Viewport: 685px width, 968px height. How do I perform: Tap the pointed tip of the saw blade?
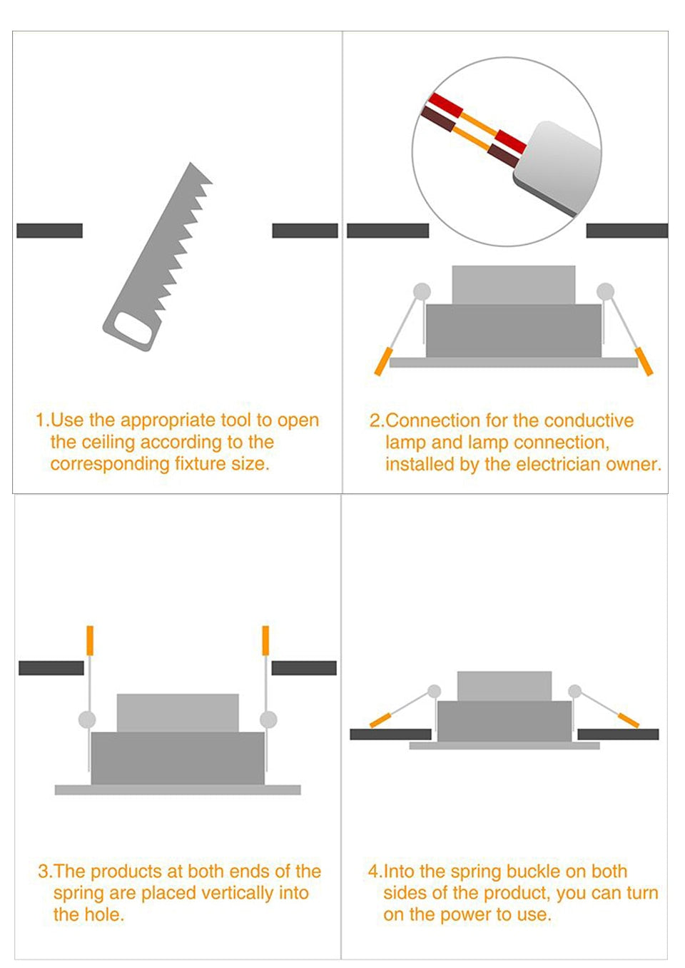[x=191, y=163]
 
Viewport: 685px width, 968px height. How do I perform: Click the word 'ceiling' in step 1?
[x=108, y=443]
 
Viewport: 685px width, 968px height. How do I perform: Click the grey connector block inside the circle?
[x=557, y=168]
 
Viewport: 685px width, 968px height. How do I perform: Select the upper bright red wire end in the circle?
[x=445, y=106]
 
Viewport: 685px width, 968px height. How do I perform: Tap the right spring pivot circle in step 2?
[x=606, y=292]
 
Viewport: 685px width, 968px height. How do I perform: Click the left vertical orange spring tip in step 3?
[x=90, y=640]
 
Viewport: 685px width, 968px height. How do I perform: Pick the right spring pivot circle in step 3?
[x=268, y=720]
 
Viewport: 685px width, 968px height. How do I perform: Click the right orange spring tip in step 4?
[x=629, y=720]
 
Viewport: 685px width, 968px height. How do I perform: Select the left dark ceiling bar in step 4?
[x=390, y=735]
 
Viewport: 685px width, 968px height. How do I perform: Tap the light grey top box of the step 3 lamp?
[x=178, y=713]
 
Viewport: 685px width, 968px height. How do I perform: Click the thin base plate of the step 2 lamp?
[x=514, y=363]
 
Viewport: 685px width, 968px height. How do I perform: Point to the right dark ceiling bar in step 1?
[x=305, y=231]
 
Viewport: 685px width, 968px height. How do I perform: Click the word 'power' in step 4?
[x=473, y=915]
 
